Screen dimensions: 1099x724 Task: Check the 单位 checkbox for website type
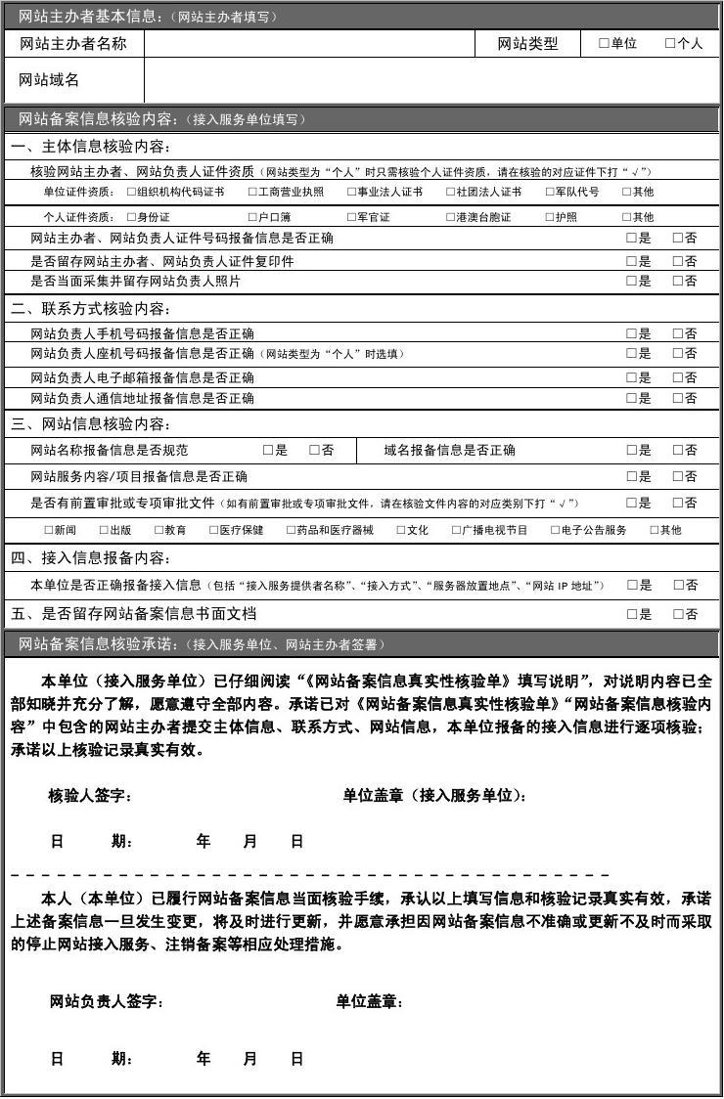click(x=604, y=44)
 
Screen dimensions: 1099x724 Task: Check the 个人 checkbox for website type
click(x=669, y=44)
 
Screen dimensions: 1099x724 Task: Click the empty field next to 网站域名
click(x=430, y=80)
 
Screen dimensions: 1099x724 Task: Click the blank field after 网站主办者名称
click(x=308, y=44)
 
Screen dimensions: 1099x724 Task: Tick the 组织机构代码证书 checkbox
click(x=131, y=193)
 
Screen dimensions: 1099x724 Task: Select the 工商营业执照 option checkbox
click(x=252, y=193)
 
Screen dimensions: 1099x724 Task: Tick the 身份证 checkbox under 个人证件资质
click(x=131, y=217)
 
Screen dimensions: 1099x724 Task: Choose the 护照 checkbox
click(x=550, y=217)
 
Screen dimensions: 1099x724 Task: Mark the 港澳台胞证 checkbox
click(x=451, y=217)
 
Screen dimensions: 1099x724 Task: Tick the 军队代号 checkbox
click(x=550, y=193)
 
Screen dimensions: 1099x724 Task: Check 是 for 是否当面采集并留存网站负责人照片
click(x=631, y=282)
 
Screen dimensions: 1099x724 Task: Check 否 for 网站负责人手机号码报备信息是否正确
click(x=677, y=333)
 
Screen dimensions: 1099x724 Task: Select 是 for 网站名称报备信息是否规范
click(x=267, y=451)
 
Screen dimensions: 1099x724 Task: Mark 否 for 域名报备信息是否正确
click(x=677, y=451)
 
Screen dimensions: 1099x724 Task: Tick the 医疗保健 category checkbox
click(x=213, y=530)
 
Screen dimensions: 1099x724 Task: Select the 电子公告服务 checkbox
click(x=555, y=530)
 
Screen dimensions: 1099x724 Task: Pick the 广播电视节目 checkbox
click(x=456, y=530)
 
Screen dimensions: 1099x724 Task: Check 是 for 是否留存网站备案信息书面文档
click(x=631, y=615)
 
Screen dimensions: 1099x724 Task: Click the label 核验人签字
click(x=90, y=796)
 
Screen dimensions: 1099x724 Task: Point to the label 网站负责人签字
click(x=107, y=1002)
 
